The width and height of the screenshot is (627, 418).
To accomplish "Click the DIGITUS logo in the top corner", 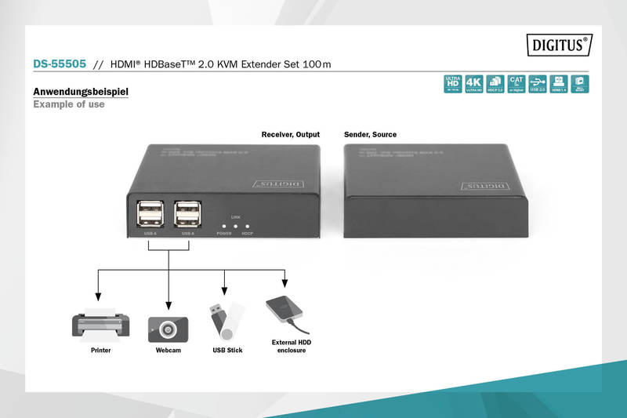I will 558,45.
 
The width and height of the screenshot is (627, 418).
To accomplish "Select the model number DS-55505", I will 59,64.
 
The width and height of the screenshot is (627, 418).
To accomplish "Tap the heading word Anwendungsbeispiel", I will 81,92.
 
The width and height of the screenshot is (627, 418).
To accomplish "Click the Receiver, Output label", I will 290,135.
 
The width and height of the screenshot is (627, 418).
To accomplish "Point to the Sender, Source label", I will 370,135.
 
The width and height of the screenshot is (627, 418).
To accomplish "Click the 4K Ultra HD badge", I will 473,84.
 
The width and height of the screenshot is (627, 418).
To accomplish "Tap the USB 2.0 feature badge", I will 537,84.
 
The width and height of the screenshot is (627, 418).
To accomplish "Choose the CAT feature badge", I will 516,84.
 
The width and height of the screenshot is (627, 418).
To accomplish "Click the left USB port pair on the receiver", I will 149,215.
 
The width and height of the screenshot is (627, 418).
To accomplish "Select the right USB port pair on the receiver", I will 188,215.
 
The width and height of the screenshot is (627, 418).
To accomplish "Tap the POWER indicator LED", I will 223,225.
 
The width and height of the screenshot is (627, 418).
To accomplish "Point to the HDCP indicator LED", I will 247,225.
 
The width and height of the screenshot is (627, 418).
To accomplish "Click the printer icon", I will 100,324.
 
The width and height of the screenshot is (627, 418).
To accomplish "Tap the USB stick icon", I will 226,320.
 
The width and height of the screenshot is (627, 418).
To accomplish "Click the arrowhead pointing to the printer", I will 97,297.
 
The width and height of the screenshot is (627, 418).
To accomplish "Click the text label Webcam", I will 168,350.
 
